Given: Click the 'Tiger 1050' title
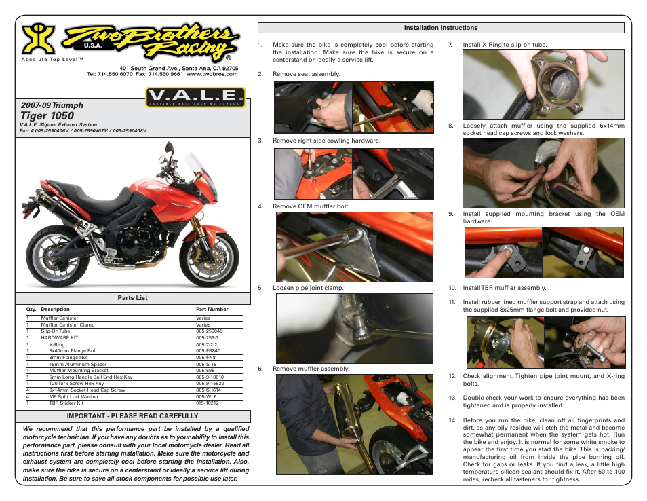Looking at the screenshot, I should click(x=47, y=116).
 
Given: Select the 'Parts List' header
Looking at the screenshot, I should click(x=132, y=298).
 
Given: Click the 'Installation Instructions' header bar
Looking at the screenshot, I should click(x=441, y=28).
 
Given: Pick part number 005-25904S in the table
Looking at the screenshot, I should click(x=209, y=331).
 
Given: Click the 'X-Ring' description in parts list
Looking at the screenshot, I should click(x=57, y=345).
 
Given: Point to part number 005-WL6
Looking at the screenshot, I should click(x=205, y=396).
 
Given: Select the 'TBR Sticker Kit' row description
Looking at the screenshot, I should click(x=62, y=403).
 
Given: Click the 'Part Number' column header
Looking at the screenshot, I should click(x=212, y=309).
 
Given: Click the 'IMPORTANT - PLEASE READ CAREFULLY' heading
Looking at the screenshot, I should click(x=132, y=415).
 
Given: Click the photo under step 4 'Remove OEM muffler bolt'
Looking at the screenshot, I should click(x=354, y=246).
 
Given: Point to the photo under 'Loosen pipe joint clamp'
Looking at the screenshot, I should click(x=354, y=328).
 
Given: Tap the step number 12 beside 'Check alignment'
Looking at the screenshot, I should click(x=452, y=376).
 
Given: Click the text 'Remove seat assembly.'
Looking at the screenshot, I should click(x=307, y=74).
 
